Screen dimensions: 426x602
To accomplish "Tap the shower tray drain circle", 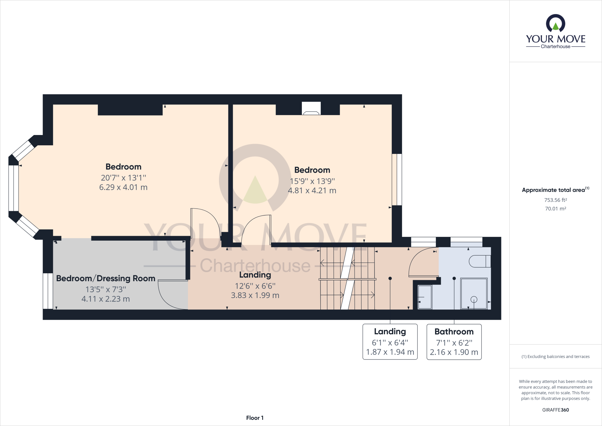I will (474, 299).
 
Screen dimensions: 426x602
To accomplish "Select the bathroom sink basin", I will (425, 297).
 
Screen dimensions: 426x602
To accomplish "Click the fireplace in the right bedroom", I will (311, 109).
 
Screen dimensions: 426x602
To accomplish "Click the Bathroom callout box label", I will (454, 332).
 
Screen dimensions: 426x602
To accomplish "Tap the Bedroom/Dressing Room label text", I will (106, 278).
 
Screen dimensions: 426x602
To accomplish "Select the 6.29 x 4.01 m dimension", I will (123, 187).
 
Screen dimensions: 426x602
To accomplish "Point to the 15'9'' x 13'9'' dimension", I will (312, 181).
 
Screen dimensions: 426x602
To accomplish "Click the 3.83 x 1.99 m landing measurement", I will (255, 295).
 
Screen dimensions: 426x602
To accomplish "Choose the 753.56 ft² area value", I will (555, 200).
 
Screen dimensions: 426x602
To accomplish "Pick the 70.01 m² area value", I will (555, 209).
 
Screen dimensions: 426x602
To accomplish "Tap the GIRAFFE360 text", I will (555, 410).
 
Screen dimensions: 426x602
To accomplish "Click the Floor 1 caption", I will (255, 418).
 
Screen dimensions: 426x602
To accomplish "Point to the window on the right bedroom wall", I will (397, 179).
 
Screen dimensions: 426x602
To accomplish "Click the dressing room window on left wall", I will (48, 291).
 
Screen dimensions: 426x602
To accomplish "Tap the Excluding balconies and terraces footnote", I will (555, 357).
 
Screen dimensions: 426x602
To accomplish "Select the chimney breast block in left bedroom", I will (130, 110).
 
